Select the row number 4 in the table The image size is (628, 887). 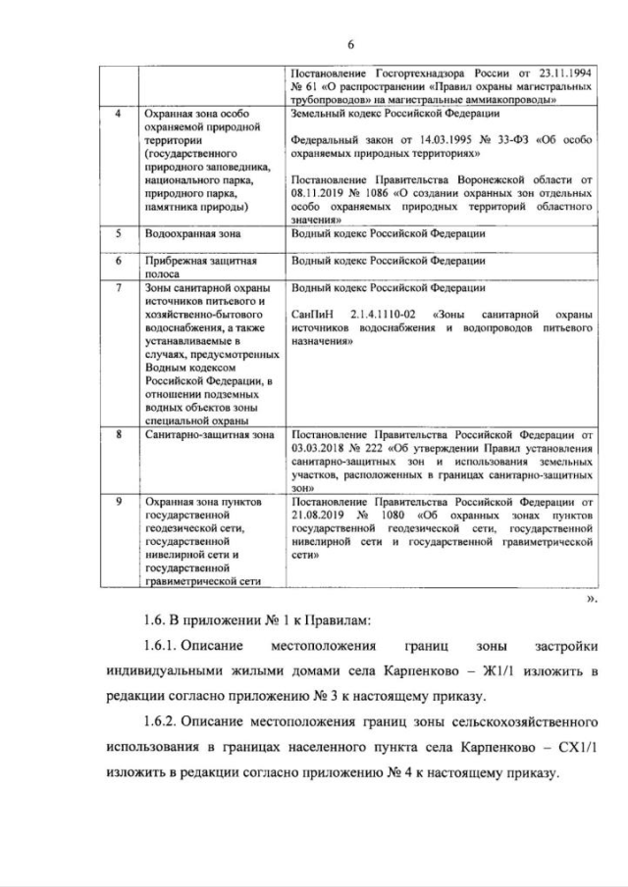click(x=119, y=115)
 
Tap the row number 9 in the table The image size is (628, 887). click(x=119, y=500)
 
